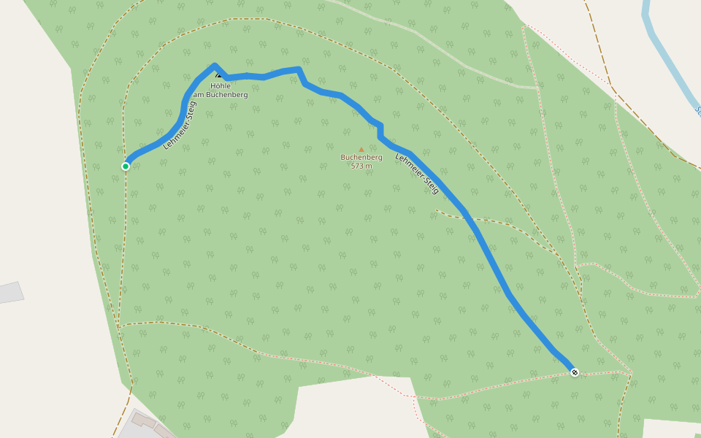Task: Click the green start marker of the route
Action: [x=126, y=166]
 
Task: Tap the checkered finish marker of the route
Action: [x=575, y=372]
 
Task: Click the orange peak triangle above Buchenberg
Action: [x=361, y=150]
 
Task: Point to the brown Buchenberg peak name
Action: [x=361, y=158]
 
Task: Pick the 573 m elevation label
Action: [x=361, y=166]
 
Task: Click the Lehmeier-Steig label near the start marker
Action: [x=180, y=126]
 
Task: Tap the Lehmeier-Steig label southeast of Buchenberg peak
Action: [x=417, y=174]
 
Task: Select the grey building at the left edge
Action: [x=11, y=292]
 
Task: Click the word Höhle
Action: [x=221, y=86]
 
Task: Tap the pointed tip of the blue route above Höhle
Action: [x=215, y=66]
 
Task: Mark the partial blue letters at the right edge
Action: [x=697, y=112]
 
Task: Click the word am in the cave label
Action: [x=198, y=95]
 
